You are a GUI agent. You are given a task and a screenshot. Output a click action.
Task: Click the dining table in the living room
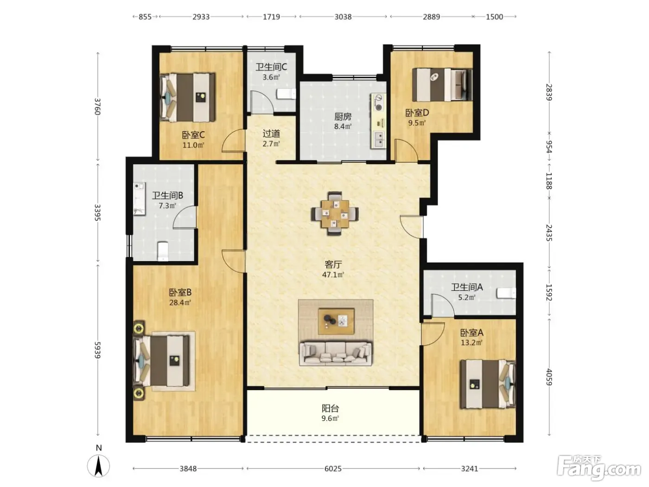click(x=335, y=213)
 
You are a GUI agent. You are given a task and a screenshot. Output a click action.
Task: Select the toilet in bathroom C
click(x=286, y=94)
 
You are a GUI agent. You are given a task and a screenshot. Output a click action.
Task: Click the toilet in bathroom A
click(x=506, y=293)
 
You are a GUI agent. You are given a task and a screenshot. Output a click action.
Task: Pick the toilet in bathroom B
click(x=163, y=251)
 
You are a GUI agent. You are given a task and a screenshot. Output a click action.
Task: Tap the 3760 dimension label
click(x=98, y=107)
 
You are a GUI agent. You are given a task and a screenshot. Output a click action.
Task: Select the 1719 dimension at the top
click(x=272, y=17)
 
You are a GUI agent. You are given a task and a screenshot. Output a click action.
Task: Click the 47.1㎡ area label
click(x=333, y=275)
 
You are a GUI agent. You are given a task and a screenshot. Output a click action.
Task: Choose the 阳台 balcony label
click(x=330, y=408)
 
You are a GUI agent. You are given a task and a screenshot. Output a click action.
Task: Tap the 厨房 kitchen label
click(x=343, y=116)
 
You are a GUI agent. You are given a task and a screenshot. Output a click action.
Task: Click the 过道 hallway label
click(x=272, y=134)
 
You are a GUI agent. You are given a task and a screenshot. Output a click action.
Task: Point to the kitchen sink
click(x=378, y=140)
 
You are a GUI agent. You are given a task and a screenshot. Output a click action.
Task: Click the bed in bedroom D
click(x=442, y=84)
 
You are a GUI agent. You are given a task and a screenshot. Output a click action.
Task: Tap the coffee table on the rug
click(x=336, y=321)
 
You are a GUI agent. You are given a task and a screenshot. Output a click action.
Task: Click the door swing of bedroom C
click(x=233, y=141)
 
